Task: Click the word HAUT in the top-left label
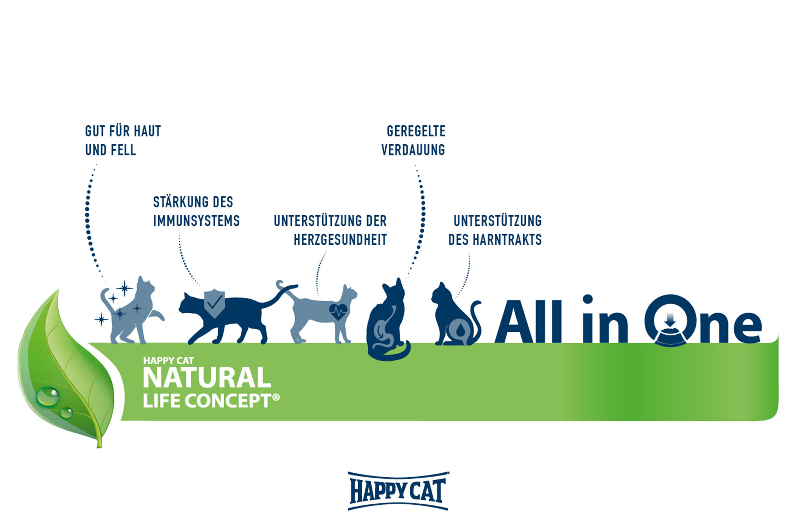[147, 131]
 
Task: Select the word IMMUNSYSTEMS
[196, 221]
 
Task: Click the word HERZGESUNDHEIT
[340, 240]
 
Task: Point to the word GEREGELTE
[416, 131]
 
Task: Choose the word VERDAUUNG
[413, 150]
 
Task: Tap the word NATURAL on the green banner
[207, 378]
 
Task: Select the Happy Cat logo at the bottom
[398, 491]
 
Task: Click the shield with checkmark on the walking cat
[214, 304]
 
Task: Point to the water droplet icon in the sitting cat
[460, 330]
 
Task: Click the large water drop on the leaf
[48, 396]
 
